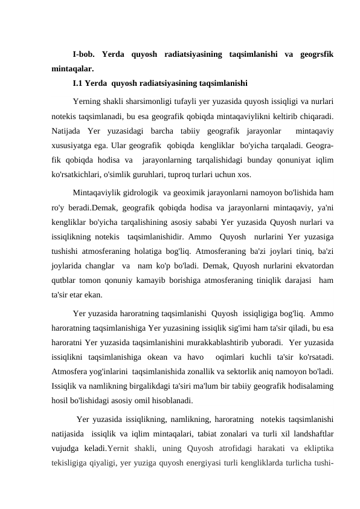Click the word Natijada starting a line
click(x=66, y=129)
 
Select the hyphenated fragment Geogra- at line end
click(x=320, y=144)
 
